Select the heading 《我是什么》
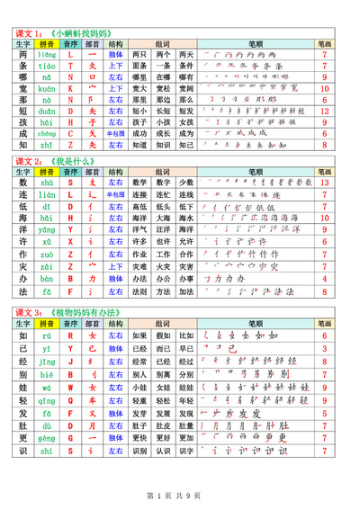coord(69,161)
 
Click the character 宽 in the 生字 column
coord(23,88)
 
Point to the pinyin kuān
coord(47,88)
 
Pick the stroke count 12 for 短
coord(324,111)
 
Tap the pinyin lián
coord(47,194)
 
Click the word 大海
coord(163,218)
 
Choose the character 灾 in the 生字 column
coord(23,266)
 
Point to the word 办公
coord(163,279)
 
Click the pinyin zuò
coord(47,254)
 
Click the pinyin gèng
coord(47,438)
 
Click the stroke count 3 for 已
coord(324,347)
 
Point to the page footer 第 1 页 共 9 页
coord(179,495)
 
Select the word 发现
coord(163,413)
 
